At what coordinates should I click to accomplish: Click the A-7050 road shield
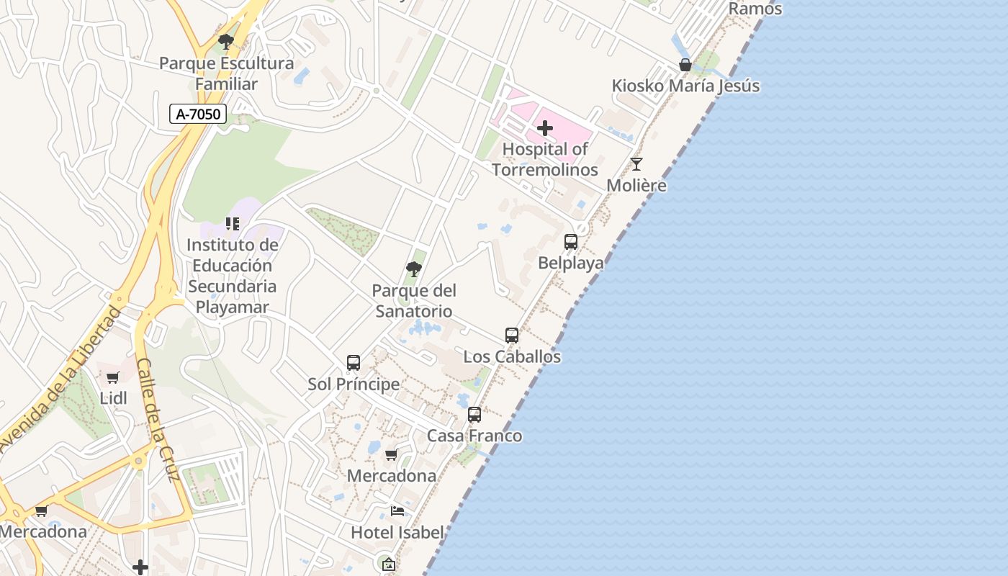[198, 113]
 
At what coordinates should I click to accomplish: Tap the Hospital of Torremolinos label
[545, 159]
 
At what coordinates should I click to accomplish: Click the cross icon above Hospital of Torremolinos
[545, 128]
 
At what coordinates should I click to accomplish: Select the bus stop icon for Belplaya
[571, 242]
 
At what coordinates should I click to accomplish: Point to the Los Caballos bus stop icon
[512, 336]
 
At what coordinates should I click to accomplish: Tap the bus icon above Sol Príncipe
[354, 363]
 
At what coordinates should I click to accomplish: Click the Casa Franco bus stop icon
[474, 415]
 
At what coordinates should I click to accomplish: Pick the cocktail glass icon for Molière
[636, 164]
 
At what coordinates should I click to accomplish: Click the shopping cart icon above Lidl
[113, 377]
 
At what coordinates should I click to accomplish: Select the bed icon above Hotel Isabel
[397, 511]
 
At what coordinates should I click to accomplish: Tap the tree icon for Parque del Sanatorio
[414, 269]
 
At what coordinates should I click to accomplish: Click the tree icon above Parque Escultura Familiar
[226, 42]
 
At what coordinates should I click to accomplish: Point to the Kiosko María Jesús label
[685, 86]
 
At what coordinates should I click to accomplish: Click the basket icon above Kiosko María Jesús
[685, 65]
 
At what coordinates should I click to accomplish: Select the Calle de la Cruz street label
[157, 420]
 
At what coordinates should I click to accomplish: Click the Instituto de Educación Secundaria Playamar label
[232, 276]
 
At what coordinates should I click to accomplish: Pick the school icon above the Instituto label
[232, 224]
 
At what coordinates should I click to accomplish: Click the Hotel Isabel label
[397, 533]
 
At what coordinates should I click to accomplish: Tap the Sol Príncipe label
[354, 384]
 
